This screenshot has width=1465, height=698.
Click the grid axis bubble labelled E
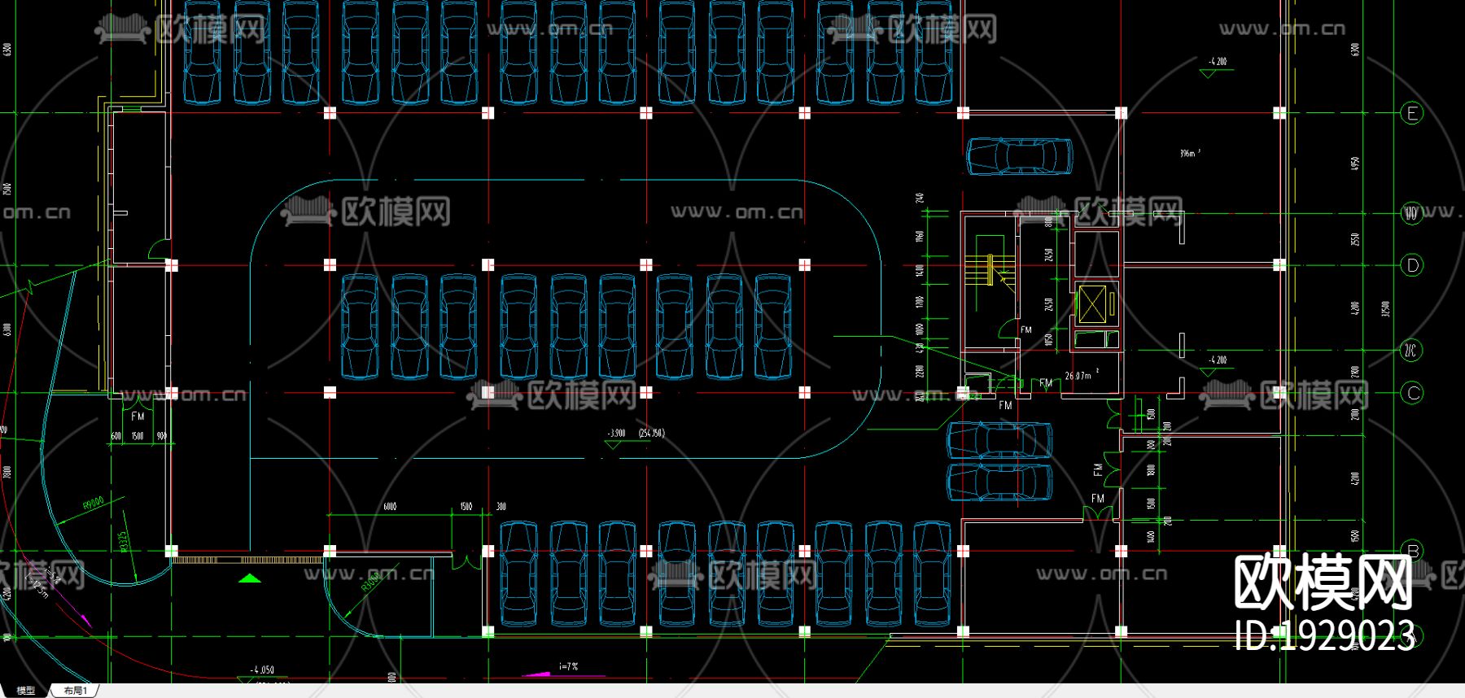tap(1412, 113)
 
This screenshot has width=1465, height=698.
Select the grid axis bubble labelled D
tap(1412, 265)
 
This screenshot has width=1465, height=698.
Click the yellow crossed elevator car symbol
tap(1095, 305)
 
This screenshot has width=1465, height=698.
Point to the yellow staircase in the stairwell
tap(988, 268)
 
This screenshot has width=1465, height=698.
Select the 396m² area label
tap(1189, 153)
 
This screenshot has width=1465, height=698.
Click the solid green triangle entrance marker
tap(250, 578)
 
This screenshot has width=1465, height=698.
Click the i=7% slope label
tap(568, 666)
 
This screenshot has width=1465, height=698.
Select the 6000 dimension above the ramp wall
tap(391, 507)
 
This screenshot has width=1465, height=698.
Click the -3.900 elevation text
tap(616, 433)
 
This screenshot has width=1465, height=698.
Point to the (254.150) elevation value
tap(651, 433)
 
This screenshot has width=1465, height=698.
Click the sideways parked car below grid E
tap(1019, 156)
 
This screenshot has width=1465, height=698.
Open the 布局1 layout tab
tap(75, 691)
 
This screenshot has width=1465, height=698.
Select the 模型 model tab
tap(26, 691)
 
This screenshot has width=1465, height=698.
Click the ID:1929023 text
tap(1324, 635)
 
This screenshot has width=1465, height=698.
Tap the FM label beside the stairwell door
tap(1025, 329)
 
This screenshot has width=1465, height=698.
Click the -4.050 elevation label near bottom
tap(262, 670)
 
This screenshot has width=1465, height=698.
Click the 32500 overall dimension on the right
tap(1386, 309)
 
